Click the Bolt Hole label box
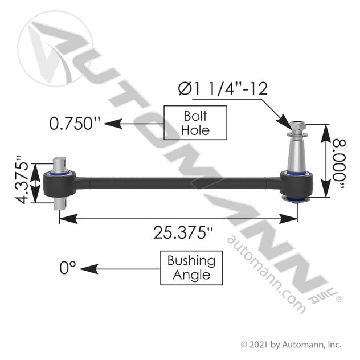195,122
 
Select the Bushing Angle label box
191,268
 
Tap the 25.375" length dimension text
176,232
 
